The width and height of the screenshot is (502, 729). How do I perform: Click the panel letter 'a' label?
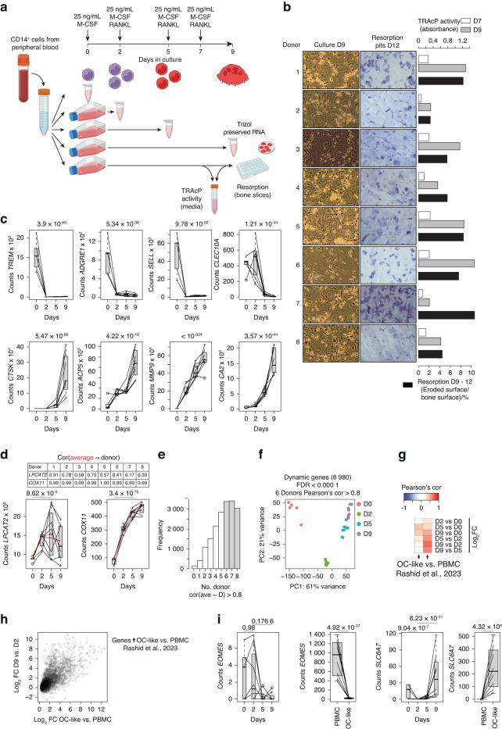[6, 8]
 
